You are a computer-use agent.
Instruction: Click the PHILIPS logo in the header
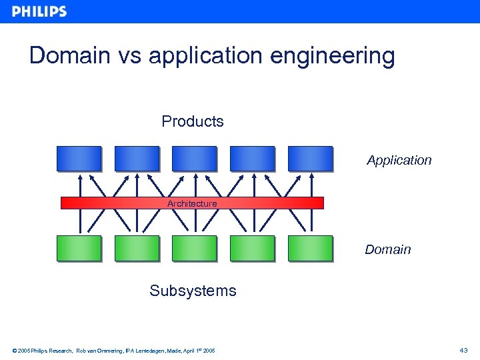[39, 11]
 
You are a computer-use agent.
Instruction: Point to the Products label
[193, 121]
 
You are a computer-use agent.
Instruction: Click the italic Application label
[399, 161]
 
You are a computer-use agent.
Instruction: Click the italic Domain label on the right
[387, 250]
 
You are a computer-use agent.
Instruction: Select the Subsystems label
[193, 291]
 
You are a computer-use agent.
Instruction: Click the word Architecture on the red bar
[192, 203]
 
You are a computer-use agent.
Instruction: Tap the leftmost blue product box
[79, 159]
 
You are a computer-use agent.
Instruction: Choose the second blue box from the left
[137, 159]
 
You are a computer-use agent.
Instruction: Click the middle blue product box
[194, 159]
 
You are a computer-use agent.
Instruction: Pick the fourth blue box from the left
[252, 159]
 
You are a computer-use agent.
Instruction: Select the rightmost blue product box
[310, 159]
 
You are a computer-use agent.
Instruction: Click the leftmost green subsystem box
[79, 248]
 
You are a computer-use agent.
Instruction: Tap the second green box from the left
[137, 248]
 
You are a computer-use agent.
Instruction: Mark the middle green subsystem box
[194, 248]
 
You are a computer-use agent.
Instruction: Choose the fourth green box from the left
[252, 248]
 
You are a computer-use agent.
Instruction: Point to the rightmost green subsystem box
[310, 248]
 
